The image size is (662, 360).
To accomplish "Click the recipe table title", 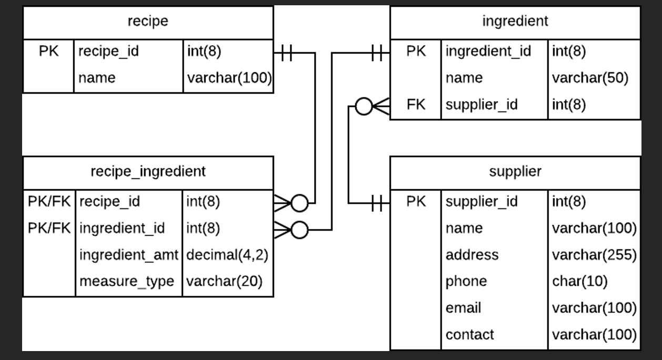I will (x=148, y=21).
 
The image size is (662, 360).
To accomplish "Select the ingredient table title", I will (x=515, y=21).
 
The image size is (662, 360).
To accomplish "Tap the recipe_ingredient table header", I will (x=148, y=171).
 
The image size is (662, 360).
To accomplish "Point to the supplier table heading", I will (x=515, y=171).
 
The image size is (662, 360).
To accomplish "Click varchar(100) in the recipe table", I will (x=229, y=78).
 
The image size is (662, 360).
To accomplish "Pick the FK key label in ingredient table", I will (x=416, y=104).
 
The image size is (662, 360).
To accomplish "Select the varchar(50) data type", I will (x=590, y=78).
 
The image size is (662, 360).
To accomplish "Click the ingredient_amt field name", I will (x=129, y=255).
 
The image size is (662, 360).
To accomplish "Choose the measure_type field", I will (x=126, y=281).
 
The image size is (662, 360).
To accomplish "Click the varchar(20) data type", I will (x=224, y=281).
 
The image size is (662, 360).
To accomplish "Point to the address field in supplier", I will (x=472, y=255).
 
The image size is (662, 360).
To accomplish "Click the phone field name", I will (x=466, y=281).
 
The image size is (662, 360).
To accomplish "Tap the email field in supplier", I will (x=463, y=307).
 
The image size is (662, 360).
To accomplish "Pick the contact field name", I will (x=469, y=334).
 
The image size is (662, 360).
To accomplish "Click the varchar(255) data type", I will (x=594, y=255).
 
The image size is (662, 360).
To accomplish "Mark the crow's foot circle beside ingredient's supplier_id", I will (x=364, y=106).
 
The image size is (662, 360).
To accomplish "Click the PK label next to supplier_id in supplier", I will (x=416, y=201).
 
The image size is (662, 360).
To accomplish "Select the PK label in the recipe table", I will (x=48, y=51).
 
